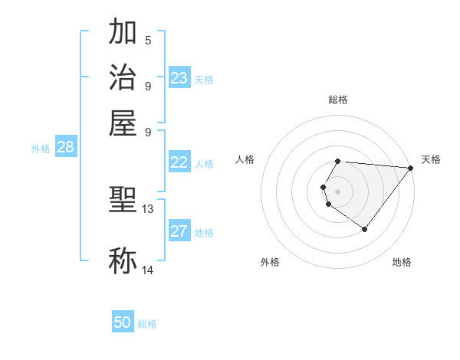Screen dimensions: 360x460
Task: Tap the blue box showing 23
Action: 179,78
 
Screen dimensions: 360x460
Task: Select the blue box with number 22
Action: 179,162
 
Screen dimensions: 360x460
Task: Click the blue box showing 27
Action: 179,232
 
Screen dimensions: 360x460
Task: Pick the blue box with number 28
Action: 65,148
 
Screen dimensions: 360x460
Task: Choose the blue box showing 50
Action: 123,323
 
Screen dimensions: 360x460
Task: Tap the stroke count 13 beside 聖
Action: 148,208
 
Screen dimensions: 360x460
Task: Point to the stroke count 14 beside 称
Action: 148,270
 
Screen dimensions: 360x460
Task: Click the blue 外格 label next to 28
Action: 41,149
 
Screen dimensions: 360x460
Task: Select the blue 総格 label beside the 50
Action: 147,324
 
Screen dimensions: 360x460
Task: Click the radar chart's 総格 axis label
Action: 338,100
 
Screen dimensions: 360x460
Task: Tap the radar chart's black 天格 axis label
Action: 431,159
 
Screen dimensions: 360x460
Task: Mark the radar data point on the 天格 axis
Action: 410,168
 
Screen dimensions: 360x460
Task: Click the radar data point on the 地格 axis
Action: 364,229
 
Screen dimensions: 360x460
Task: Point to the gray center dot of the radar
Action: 338,191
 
